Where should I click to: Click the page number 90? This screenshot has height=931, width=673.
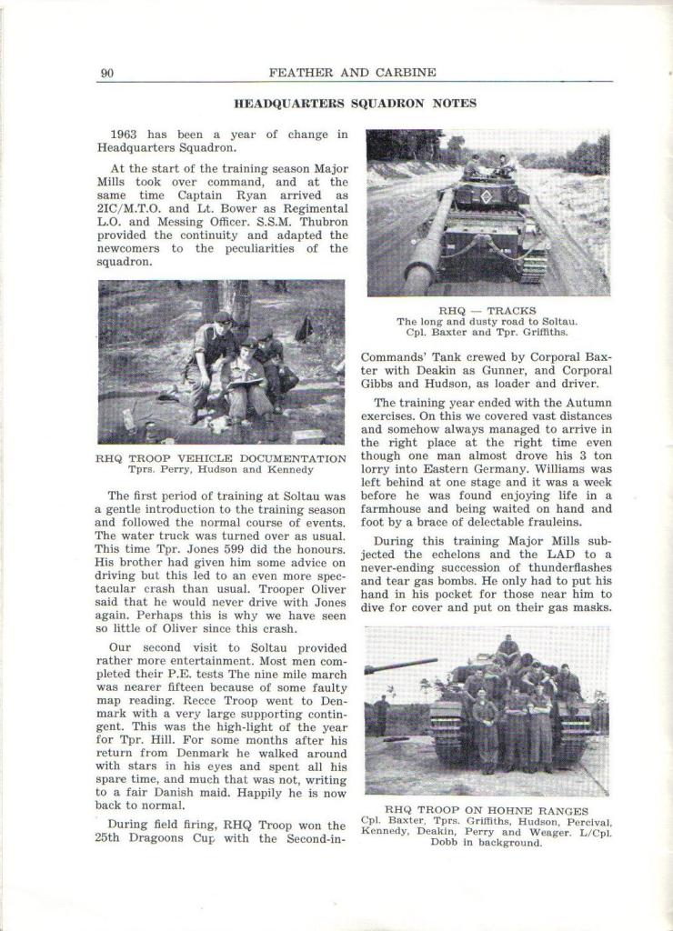point(106,74)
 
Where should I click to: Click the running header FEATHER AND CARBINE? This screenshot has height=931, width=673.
point(352,73)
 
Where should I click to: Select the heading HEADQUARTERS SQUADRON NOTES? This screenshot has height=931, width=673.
point(355,104)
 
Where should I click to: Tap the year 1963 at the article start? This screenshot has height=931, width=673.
point(124,135)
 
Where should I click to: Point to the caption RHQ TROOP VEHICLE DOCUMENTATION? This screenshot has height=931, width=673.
point(220,458)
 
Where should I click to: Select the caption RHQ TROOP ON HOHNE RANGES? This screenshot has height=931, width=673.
point(487,810)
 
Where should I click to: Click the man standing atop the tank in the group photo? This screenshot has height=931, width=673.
point(507,646)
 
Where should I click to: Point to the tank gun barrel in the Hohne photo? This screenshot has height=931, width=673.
point(400,666)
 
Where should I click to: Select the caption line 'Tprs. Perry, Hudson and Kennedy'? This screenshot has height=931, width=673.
point(220,470)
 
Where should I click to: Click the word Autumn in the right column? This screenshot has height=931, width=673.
point(587,402)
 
